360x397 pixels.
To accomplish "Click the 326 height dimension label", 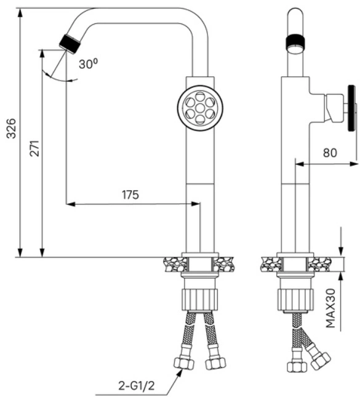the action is pyautogui.click(x=12, y=129).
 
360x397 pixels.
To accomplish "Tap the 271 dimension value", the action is pyautogui.click(x=34, y=148).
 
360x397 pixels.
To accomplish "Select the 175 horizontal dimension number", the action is pyautogui.click(x=130, y=194).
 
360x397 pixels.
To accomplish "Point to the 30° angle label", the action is pyautogui.click(x=88, y=63).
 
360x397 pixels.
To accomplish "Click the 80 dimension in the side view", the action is pyautogui.click(x=330, y=153).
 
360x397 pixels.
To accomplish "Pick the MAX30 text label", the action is pyautogui.click(x=330, y=308).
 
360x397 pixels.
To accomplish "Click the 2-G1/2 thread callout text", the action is pyautogui.click(x=136, y=386).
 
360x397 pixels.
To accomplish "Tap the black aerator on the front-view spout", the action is pyautogui.click(x=70, y=44).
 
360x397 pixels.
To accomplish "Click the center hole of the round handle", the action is pyautogui.click(x=200, y=108).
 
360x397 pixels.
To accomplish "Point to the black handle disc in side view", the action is pyautogui.click(x=351, y=108).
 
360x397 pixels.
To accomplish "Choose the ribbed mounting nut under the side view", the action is pyautogui.click(x=295, y=299).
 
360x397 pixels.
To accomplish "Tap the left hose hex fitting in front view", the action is pyautogui.click(x=184, y=363).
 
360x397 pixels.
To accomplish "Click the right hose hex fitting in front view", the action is pyautogui.click(x=216, y=363).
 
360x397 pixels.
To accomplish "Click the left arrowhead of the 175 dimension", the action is pyautogui.click(x=71, y=204).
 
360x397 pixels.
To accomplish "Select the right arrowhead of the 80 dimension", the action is pyautogui.click(x=353, y=164).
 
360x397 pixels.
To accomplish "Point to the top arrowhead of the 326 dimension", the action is pyautogui.click(x=20, y=13).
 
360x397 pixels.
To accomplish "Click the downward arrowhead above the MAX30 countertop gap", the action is pyautogui.click(x=341, y=252).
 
